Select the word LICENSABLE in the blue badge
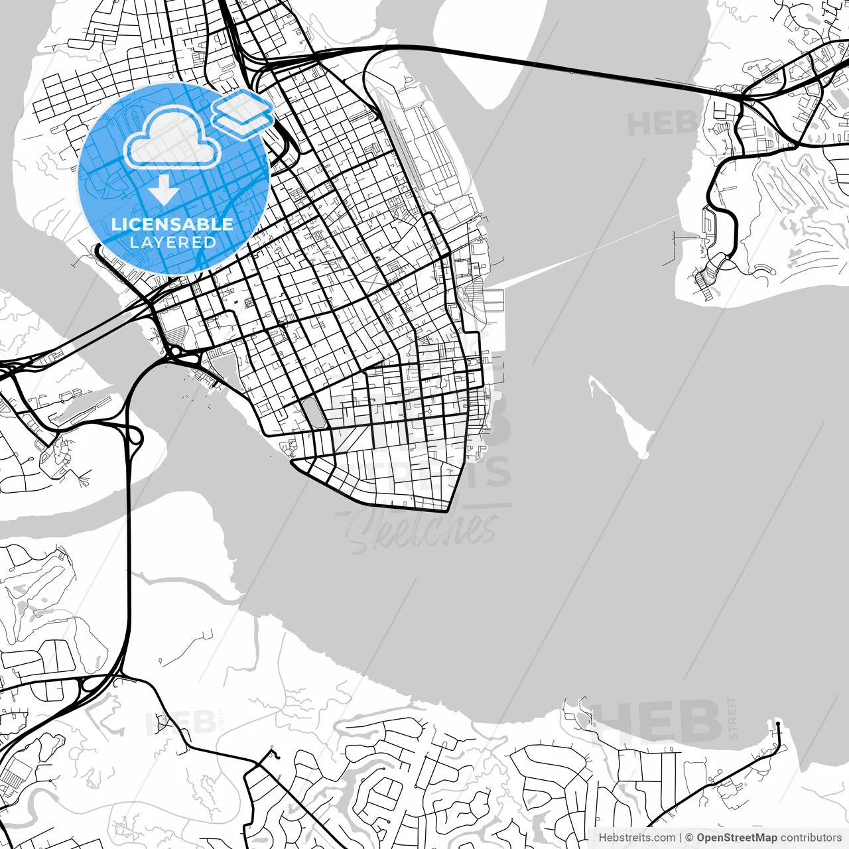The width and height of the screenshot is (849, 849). pyautogui.click(x=172, y=224)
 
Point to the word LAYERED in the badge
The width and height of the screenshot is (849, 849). pyautogui.click(x=172, y=242)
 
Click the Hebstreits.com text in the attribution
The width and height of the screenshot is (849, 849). pyautogui.click(x=637, y=838)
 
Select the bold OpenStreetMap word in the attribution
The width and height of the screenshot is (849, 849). pyautogui.click(x=737, y=838)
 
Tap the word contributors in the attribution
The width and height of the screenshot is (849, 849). pyautogui.click(x=811, y=838)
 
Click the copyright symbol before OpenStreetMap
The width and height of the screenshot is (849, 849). pyautogui.click(x=690, y=838)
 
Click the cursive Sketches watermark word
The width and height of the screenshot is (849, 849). pyautogui.click(x=422, y=531)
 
